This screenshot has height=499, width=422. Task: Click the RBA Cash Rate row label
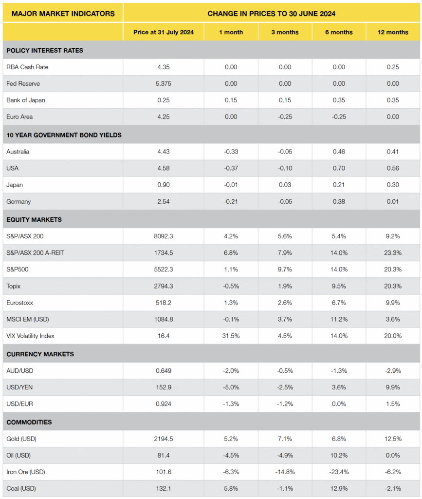tap(27, 67)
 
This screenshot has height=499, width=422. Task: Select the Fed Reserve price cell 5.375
tap(164, 84)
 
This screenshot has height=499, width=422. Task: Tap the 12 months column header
tap(393, 32)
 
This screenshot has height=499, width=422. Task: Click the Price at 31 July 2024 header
tap(164, 32)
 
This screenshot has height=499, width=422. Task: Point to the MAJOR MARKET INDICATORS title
tap(63, 13)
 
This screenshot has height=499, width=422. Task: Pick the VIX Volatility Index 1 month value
tap(231, 336)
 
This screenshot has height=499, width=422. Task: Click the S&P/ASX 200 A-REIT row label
tap(36, 253)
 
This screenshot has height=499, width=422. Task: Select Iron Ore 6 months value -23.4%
tap(339, 472)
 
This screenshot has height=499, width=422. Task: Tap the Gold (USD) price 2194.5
tap(164, 439)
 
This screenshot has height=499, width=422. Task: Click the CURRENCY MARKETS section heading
tap(39, 354)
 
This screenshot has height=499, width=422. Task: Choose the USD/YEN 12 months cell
tap(393, 387)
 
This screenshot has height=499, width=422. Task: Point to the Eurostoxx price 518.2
tap(164, 303)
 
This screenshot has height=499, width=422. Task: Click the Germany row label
tap(18, 201)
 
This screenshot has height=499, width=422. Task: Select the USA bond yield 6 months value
tap(339, 168)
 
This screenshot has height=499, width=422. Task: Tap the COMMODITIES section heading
tap(29, 422)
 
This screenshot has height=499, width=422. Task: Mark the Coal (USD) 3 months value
tap(285, 488)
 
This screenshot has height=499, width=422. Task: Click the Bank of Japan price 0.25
tap(164, 100)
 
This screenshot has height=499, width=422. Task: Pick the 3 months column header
tap(285, 32)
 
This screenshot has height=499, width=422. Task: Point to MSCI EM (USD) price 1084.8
tap(164, 319)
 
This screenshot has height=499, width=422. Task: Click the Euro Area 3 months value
tap(285, 117)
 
